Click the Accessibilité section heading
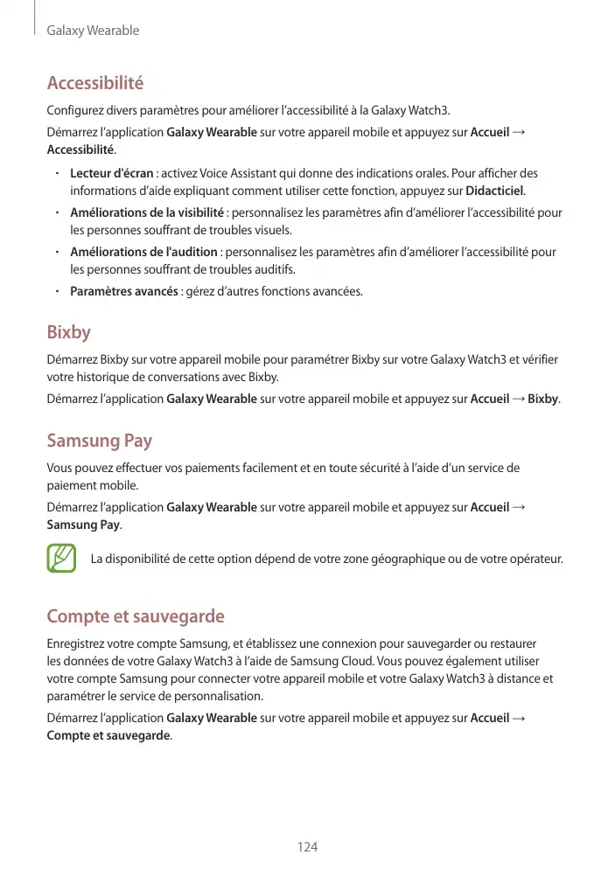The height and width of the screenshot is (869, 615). pyautogui.click(x=94, y=84)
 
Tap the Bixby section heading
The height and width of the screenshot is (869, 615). pyautogui.click(x=68, y=333)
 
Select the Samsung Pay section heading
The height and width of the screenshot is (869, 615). pyautogui.click(x=99, y=440)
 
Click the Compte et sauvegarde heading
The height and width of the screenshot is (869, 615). pyautogui.click(x=136, y=617)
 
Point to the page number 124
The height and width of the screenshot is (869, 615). pyautogui.click(x=307, y=847)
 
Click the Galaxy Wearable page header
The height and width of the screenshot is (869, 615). pyautogui.click(x=93, y=31)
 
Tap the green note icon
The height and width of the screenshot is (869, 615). pyautogui.click(x=61, y=559)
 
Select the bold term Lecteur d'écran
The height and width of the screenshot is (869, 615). pyautogui.click(x=112, y=173)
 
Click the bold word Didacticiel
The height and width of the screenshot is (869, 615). pyautogui.click(x=494, y=191)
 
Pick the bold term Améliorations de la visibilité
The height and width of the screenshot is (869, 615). pyautogui.click(x=147, y=212)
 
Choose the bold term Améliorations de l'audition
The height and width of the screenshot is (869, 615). pyautogui.click(x=144, y=252)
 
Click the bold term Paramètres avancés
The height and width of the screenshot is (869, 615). pyautogui.click(x=123, y=291)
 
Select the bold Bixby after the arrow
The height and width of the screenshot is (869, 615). pyautogui.click(x=544, y=400)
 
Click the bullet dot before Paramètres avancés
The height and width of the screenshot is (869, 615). pyautogui.click(x=55, y=291)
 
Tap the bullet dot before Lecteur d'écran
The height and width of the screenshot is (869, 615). pyautogui.click(x=55, y=173)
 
